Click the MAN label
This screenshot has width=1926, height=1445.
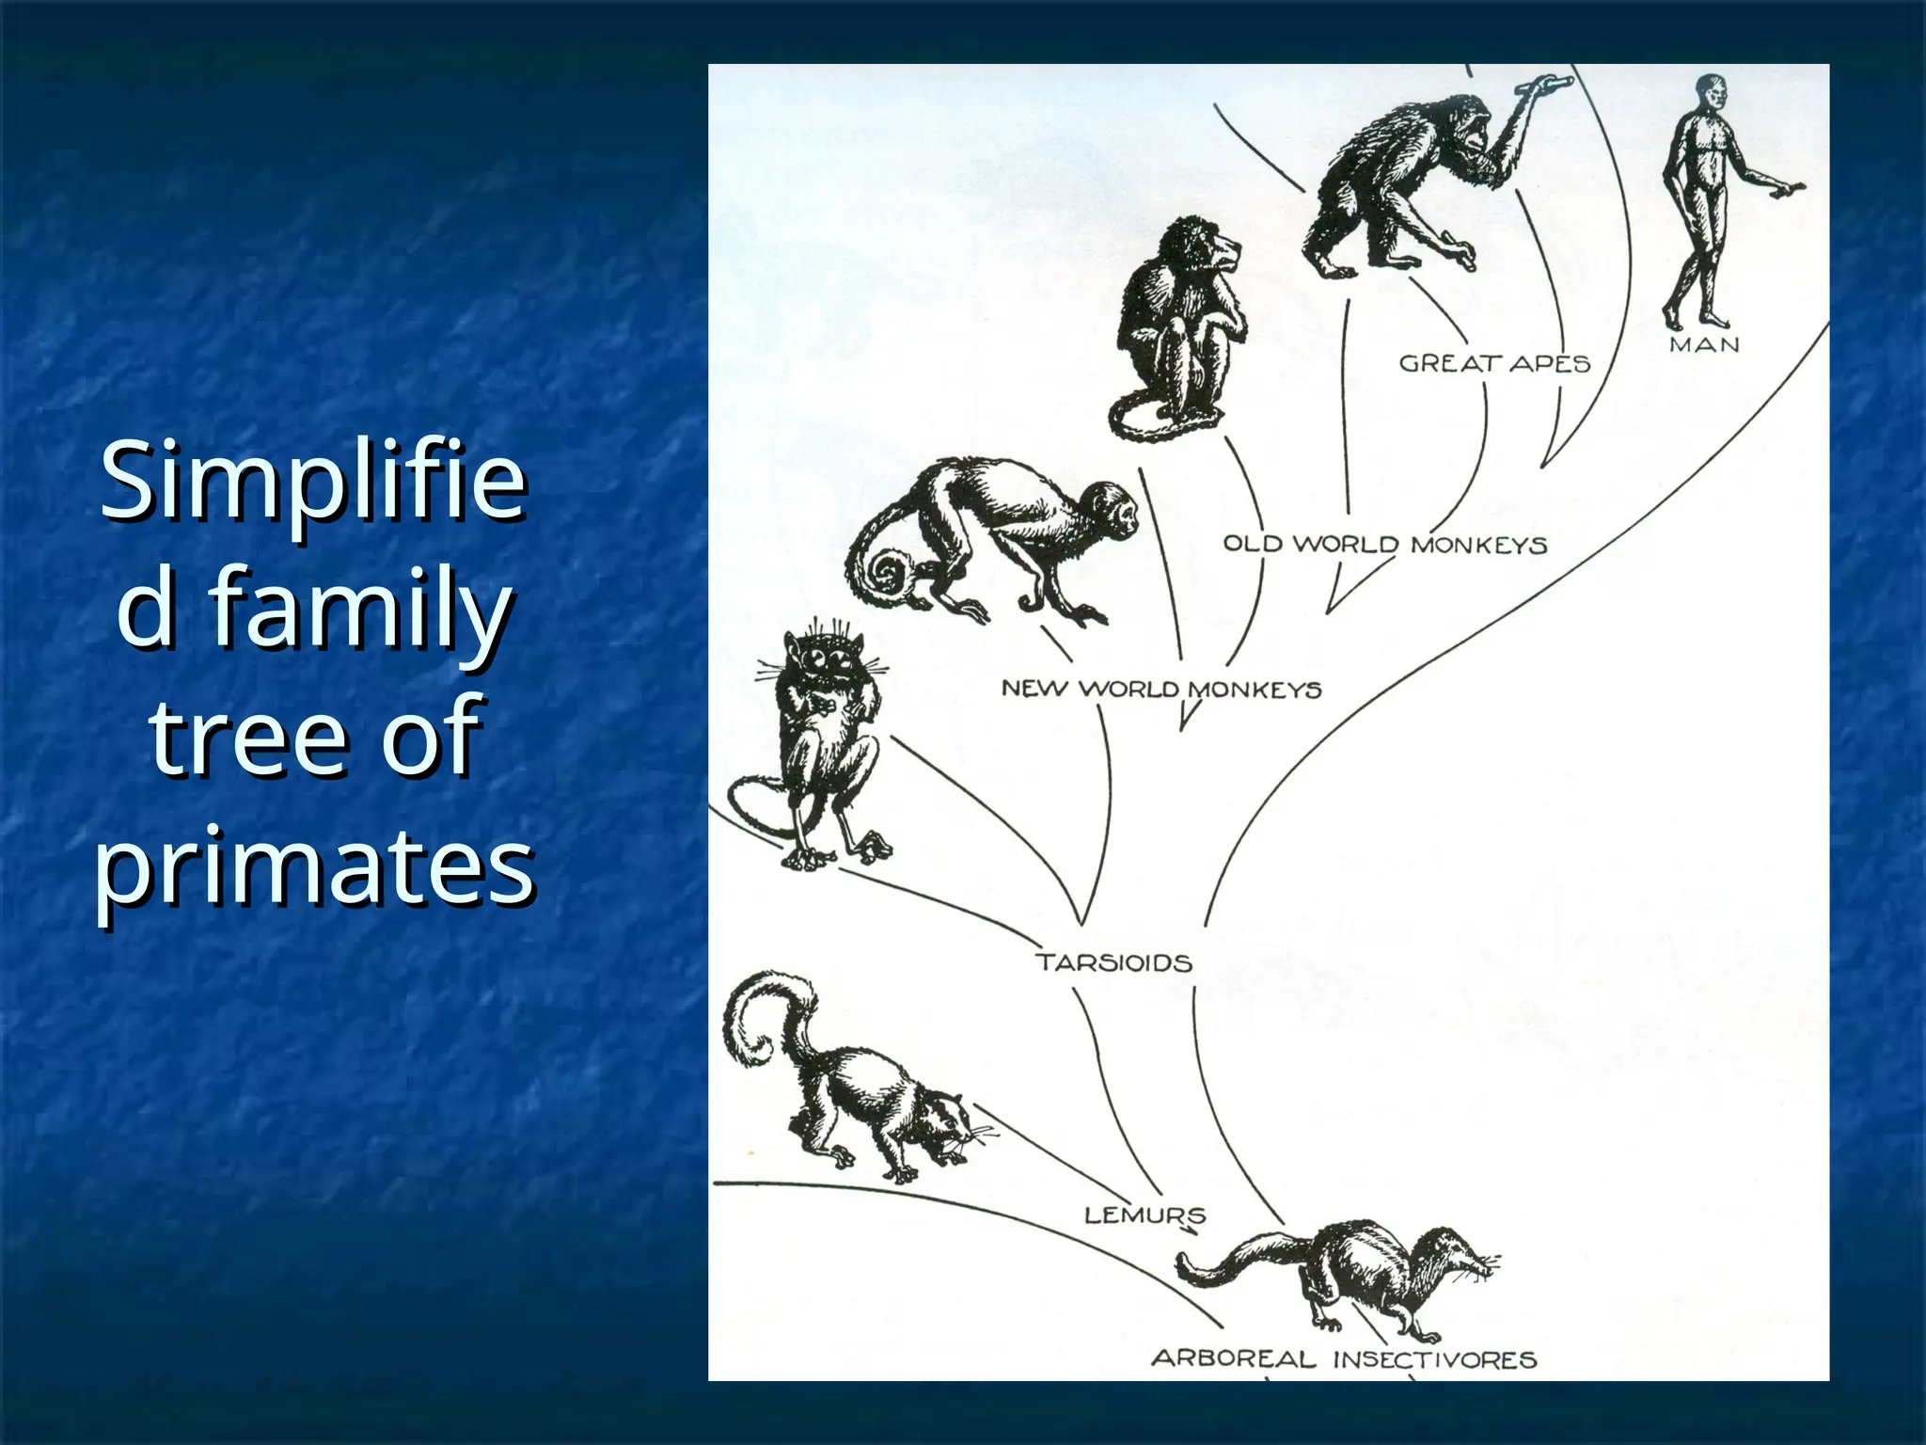(1704, 345)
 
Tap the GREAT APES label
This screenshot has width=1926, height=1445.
(1493, 363)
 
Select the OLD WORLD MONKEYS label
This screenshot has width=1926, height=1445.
(1384, 544)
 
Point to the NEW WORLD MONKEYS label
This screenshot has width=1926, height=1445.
(1160, 689)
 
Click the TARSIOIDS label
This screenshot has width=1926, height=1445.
(1113, 962)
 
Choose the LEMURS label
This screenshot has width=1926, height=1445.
(1145, 1215)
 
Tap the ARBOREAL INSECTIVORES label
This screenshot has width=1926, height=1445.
(1344, 1358)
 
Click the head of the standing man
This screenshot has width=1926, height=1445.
(1709, 94)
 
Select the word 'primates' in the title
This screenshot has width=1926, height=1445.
(314, 863)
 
